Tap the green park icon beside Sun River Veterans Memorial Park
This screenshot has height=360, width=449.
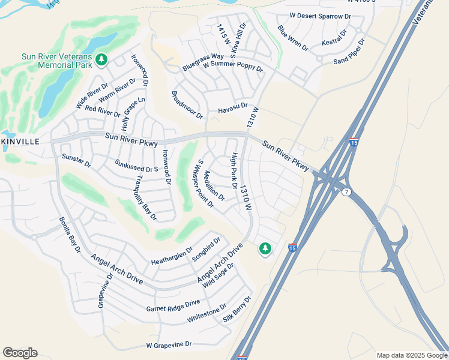point(102,59)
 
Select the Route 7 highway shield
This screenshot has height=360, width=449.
point(346,192)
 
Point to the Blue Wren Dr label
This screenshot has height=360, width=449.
point(292,38)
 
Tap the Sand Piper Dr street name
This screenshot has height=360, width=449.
point(349,52)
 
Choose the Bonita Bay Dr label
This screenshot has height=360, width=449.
point(70,235)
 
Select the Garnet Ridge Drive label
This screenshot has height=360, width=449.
point(173,306)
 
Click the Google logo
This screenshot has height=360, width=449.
point(20,353)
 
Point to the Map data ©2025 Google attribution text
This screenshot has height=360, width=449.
point(411,355)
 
